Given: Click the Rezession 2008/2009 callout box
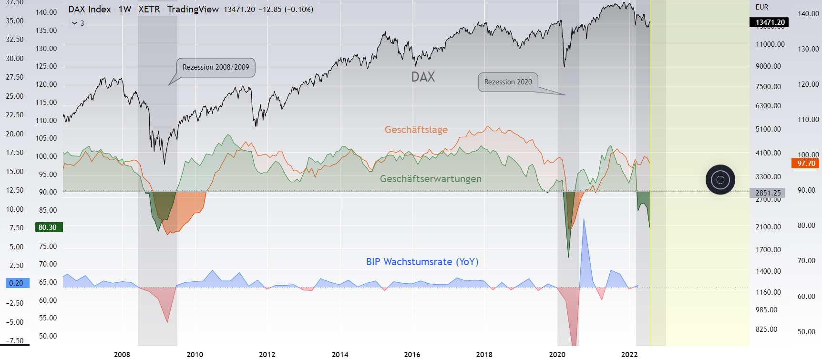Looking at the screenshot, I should click(216, 67).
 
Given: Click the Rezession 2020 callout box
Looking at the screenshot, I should click(508, 82).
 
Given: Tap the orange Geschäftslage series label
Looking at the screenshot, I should click(416, 130).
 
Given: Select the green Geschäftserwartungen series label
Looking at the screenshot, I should click(431, 179).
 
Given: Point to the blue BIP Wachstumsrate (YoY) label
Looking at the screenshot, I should click(422, 262).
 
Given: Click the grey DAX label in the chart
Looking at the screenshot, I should click(423, 77).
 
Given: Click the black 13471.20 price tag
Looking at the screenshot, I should click(770, 22).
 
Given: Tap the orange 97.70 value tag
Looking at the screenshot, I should click(806, 164).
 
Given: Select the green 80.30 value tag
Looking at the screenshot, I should click(48, 227).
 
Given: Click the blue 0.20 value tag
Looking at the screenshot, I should click(17, 283).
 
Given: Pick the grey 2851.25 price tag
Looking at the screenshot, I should click(768, 193).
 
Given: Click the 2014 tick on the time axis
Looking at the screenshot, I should click(340, 354).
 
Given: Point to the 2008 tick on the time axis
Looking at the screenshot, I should click(122, 354).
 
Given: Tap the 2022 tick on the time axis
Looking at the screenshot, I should click(629, 354).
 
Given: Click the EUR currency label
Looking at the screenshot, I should click(762, 7).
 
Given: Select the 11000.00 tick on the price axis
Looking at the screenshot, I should click(770, 44).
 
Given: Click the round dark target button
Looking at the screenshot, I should click(720, 180).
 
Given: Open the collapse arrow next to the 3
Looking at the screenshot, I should click(74, 23).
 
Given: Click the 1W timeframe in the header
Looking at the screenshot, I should click(125, 9).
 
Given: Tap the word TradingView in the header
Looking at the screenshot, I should click(193, 9).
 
